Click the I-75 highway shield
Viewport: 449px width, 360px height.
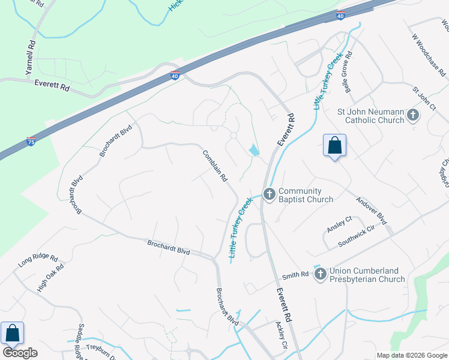click(31, 142)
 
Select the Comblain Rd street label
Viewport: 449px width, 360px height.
click(215, 166)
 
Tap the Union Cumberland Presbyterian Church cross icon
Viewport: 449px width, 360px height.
click(320, 274)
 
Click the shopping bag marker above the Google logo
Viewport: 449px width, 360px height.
click(12, 334)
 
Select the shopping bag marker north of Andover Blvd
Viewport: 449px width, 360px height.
click(334, 146)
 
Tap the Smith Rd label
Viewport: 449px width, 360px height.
click(297, 274)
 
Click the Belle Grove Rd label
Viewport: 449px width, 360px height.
click(349, 71)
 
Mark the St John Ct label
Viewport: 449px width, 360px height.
click(423, 98)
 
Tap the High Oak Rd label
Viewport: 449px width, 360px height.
click(50, 278)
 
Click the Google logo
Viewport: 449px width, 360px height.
click(20, 353)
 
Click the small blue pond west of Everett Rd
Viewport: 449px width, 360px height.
click(255, 150)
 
